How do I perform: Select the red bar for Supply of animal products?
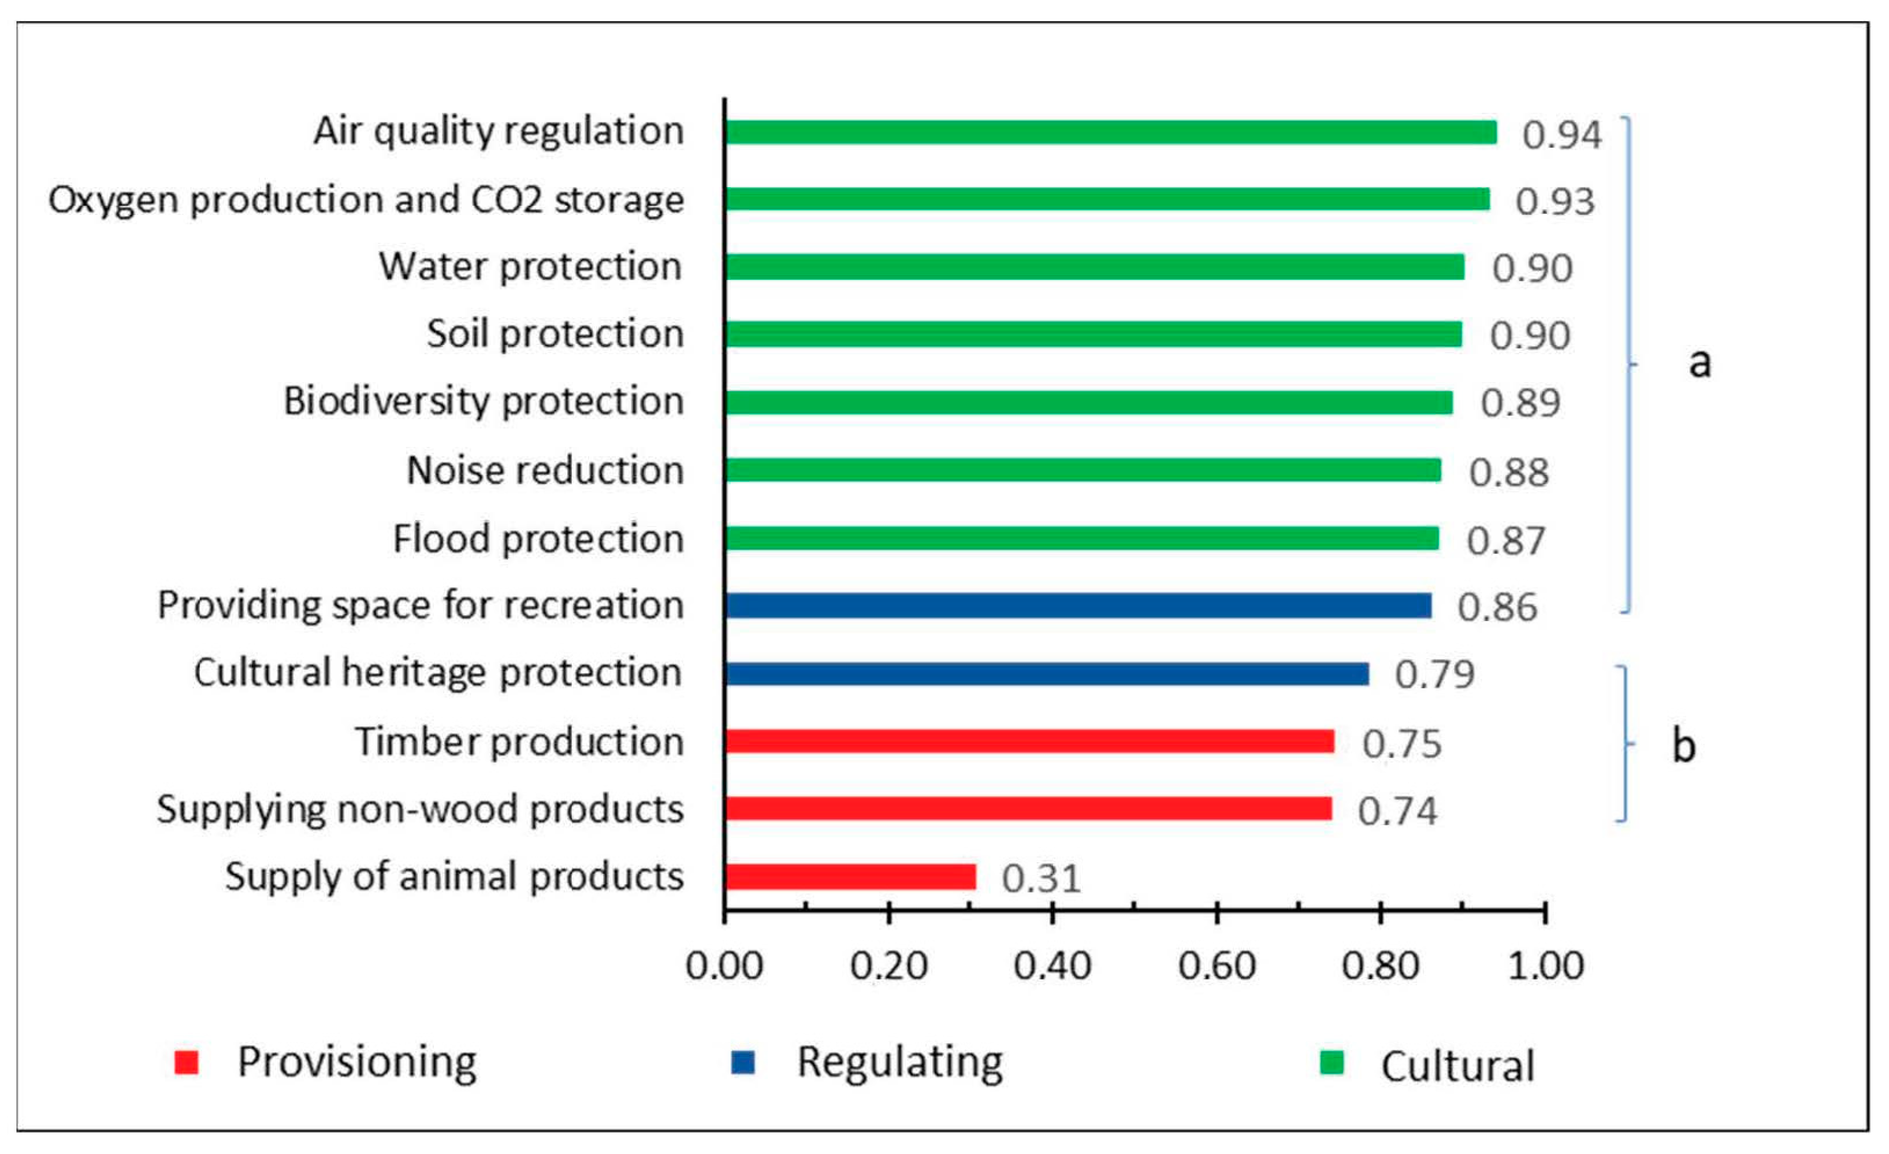850,877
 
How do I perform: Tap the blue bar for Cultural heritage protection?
1047,673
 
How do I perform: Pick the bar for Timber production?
1029,741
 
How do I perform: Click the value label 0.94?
1561,135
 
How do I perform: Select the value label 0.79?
1434,674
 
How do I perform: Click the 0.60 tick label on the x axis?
1217,966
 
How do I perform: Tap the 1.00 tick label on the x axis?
1545,966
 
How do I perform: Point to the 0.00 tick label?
724,966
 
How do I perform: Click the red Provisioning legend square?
186,1063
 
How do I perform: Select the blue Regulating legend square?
743,1063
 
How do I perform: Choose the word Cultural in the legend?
1457,1066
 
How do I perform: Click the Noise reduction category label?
545,470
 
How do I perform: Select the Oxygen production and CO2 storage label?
366,200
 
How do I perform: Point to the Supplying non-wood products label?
420,809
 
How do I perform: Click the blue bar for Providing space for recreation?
1078,605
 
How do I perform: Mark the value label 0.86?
1497,607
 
